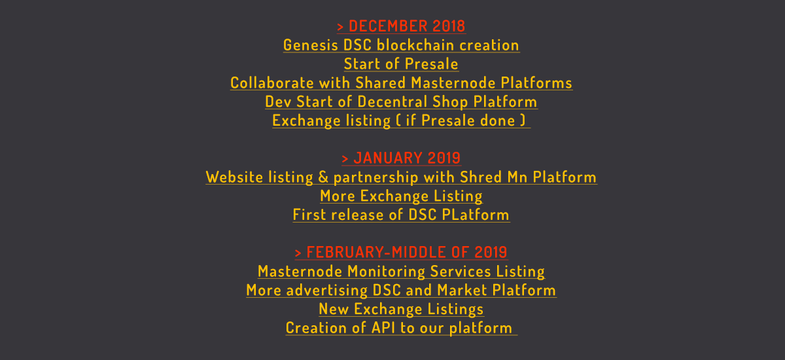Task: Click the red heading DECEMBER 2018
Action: [407, 26]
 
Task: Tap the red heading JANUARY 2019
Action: [407, 158]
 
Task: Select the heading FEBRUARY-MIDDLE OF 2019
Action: [407, 253]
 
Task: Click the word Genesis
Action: [311, 46]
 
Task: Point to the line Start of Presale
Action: [401, 64]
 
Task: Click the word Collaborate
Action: [272, 83]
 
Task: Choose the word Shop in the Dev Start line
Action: [450, 102]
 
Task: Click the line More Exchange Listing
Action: [401, 196]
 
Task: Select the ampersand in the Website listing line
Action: [323, 177]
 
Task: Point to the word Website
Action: [234, 177]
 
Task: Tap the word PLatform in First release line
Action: [476, 215]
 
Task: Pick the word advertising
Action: [327, 291]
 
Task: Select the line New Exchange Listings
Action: [401, 310]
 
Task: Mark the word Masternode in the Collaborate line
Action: [453, 83]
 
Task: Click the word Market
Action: [462, 290]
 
